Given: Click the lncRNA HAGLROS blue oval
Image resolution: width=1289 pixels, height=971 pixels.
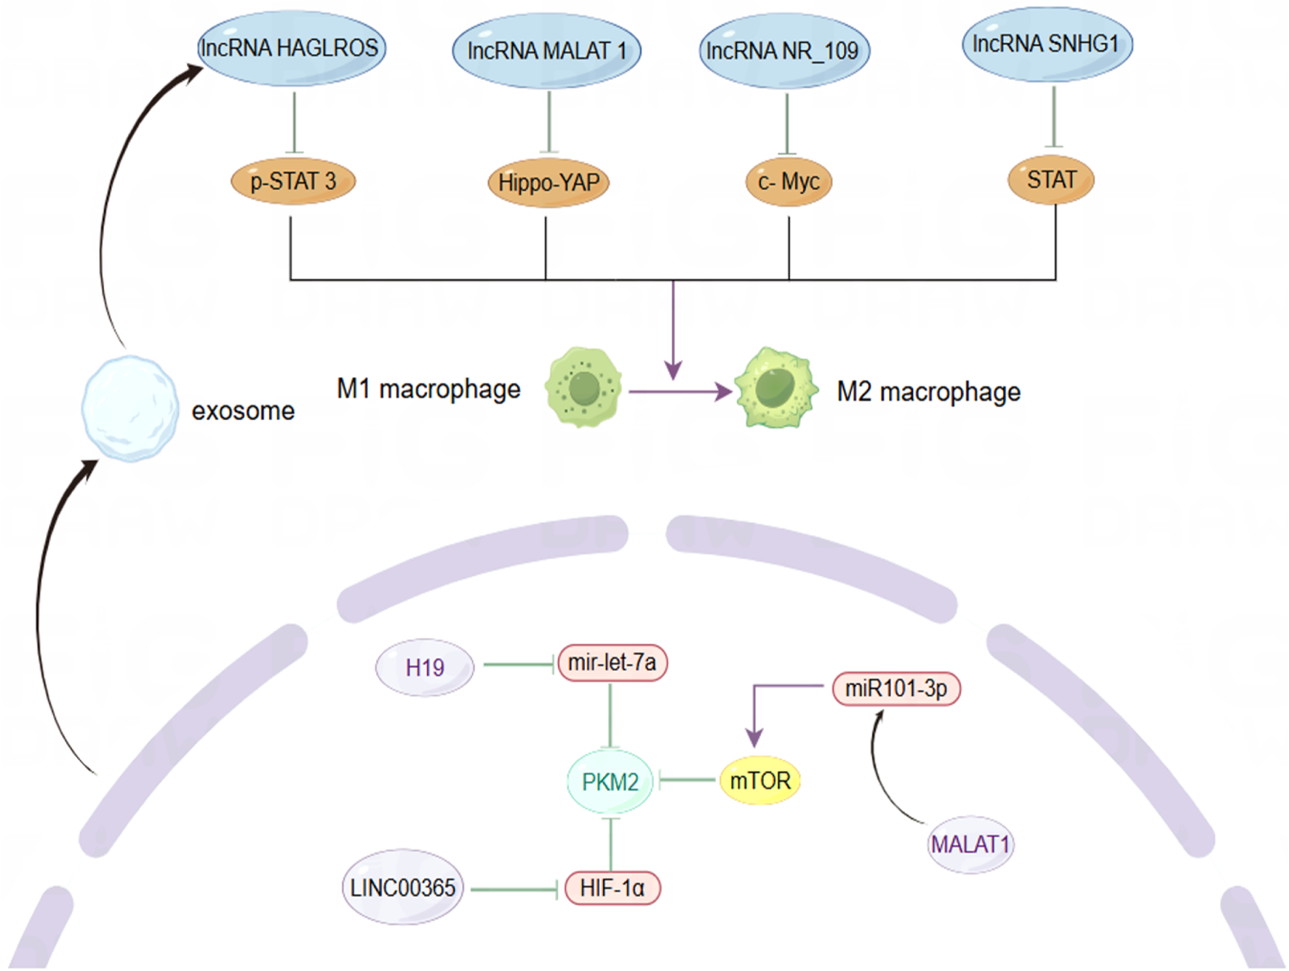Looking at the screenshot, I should click(x=291, y=49).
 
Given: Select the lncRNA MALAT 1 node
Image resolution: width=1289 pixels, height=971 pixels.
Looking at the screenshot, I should click(x=546, y=51).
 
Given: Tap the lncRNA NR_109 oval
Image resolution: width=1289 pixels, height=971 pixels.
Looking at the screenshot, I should click(x=784, y=51).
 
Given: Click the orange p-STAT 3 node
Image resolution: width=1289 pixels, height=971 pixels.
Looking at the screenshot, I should click(x=293, y=181).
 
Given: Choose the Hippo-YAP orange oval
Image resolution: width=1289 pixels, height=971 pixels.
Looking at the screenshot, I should click(x=548, y=183).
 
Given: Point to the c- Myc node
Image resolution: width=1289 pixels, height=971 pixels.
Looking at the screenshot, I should click(x=789, y=181).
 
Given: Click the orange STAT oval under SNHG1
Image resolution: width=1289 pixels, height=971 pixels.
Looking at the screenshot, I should click(x=1051, y=180).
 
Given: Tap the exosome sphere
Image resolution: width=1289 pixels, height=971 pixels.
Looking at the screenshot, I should click(x=129, y=408).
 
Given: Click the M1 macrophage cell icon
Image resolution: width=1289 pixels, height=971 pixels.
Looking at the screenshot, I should click(x=583, y=387).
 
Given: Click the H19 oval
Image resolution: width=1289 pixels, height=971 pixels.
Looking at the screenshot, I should click(x=425, y=667).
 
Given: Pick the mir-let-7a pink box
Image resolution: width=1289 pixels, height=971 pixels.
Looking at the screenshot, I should click(x=612, y=662).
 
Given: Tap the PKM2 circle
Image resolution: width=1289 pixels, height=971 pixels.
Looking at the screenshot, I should click(x=610, y=782).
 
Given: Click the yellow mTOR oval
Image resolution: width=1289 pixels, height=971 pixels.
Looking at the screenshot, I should click(x=760, y=781).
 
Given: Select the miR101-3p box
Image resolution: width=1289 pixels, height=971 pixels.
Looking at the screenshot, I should click(x=896, y=689).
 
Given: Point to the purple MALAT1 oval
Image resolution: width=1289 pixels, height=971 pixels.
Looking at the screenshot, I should click(x=970, y=844).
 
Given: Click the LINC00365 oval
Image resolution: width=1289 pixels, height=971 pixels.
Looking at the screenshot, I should click(x=402, y=888).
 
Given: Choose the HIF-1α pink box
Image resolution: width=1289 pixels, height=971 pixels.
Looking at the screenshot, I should click(x=612, y=888).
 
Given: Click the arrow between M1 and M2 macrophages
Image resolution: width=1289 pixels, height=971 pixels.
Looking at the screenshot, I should click(x=679, y=392).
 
